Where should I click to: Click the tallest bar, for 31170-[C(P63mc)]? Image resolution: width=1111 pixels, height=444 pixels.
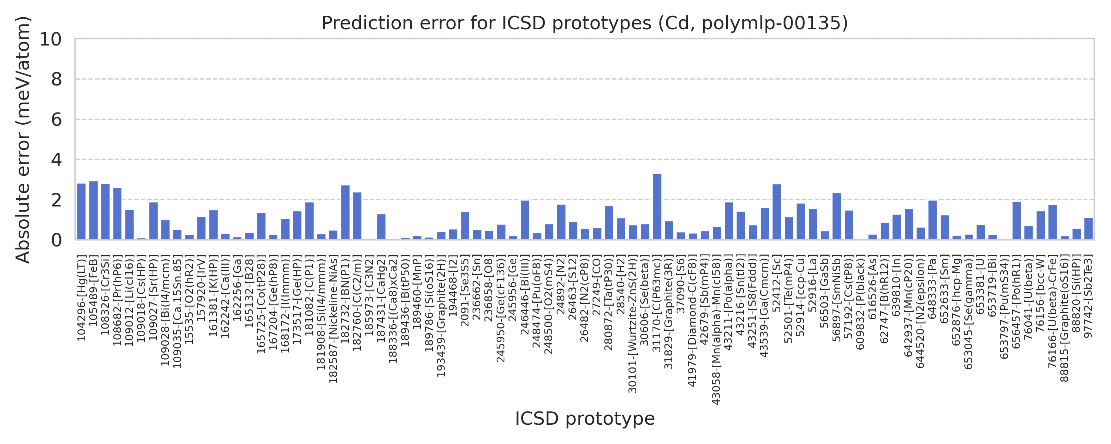tap(657, 207)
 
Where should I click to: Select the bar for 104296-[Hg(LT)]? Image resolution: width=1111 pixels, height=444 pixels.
tap(81, 212)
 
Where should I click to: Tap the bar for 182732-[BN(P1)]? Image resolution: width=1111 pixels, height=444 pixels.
tap(345, 212)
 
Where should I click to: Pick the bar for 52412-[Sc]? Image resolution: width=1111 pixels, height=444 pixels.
tap(777, 212)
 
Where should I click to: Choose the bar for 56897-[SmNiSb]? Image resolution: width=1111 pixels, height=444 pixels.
tap(837, 216)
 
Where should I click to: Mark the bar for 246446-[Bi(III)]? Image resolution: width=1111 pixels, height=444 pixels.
tap(525, 220)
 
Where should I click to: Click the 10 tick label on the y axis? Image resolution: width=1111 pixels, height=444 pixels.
tap(51, 39)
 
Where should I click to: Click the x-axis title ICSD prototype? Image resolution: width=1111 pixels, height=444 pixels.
tap(585, 419)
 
